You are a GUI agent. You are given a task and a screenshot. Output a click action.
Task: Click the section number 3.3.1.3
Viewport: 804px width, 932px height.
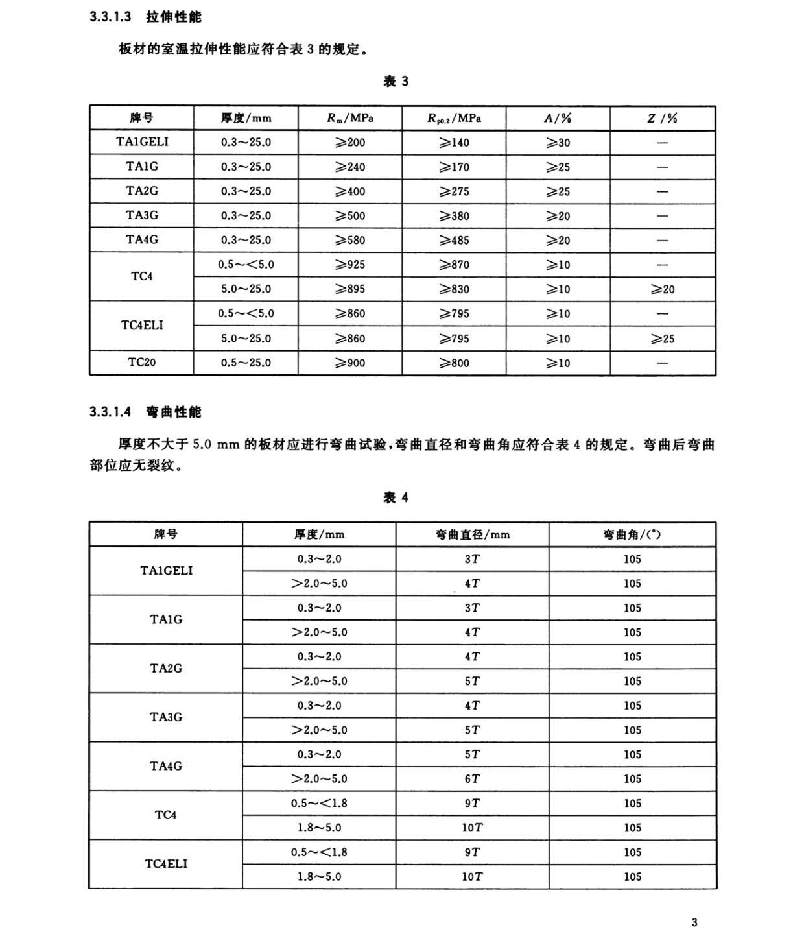(x=110, y=17)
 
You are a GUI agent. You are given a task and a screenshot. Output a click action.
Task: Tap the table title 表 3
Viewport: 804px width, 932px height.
(x=396, y=81)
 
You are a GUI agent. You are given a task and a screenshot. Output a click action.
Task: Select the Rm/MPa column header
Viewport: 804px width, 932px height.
(x=350, y=118)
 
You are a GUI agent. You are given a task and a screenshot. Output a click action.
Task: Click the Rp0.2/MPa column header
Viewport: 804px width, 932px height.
(x=454, y=118)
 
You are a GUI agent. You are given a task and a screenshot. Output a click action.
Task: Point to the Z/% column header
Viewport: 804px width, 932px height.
(x=662, y=118)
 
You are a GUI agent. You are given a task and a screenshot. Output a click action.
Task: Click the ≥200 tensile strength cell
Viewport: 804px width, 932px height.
(x=350, y=143)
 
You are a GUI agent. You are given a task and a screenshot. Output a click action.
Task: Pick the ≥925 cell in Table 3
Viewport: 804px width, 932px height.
(x=350, y=265)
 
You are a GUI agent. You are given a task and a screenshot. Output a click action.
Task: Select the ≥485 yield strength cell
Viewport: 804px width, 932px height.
(x=454, y=240)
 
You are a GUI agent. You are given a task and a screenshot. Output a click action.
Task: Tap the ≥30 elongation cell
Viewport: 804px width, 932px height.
(x=558, y=143)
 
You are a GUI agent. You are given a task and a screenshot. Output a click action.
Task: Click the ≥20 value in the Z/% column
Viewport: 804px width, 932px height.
(x=662, y=289)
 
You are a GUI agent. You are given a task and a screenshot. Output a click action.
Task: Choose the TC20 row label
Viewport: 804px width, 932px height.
(x=141, y=363)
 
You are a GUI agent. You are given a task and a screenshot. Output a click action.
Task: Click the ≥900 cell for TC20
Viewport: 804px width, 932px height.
(x=350, y=363)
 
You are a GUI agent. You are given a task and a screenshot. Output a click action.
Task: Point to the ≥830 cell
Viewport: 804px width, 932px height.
(x=454, y=289)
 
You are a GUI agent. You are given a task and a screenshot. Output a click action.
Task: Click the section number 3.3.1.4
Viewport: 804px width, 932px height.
(x=110, y=412)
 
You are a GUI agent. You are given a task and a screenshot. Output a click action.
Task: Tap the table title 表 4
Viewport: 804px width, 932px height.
(x=396, y=497)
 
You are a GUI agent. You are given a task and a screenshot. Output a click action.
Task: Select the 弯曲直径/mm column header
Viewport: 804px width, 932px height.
(x=472, y=534)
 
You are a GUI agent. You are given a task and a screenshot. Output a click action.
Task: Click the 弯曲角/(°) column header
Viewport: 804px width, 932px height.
(x=632, y=534)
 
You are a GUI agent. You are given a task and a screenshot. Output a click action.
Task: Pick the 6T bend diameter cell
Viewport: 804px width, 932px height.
(x=472, y=779)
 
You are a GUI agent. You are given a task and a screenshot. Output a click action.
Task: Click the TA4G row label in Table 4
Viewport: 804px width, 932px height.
(x=166, y=766)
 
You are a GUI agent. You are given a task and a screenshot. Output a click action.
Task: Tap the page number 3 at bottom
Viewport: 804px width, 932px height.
(x=694, y=922)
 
